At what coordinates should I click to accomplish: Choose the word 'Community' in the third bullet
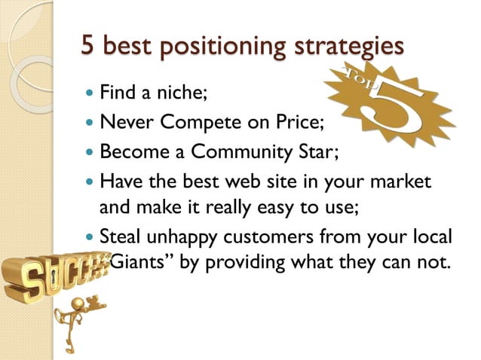click(x=235, y=151)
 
